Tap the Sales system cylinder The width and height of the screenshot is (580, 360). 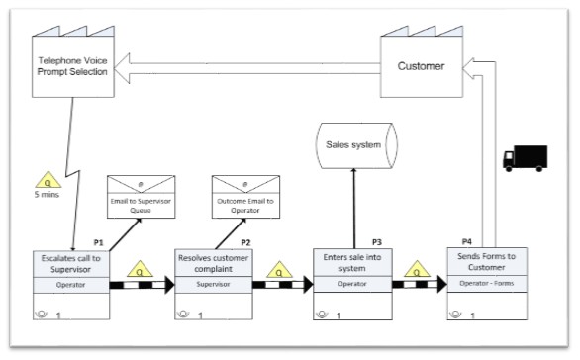tap(353, 145)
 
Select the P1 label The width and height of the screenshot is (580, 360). tap(98, 242)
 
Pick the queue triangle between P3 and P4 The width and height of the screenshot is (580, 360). tap(419, 268)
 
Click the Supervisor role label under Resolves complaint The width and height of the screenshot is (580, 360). tap(214, 284)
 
